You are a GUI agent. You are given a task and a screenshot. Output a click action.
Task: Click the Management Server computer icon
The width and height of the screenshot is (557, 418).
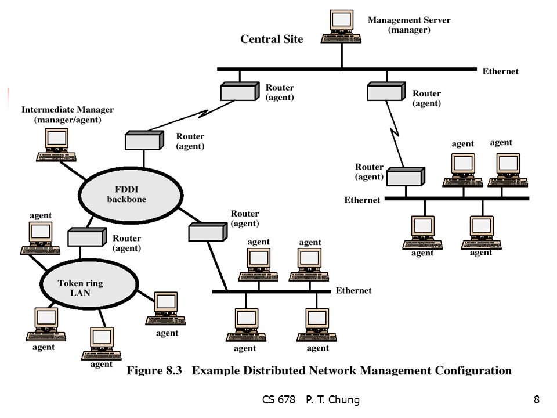[341, 27]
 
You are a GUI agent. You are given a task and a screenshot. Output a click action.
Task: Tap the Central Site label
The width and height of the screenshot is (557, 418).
[272, 39]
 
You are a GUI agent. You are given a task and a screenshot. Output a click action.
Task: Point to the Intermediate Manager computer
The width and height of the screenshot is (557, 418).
[56, 145]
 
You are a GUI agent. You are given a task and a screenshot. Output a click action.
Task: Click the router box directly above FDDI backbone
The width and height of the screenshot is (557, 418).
[144, 140]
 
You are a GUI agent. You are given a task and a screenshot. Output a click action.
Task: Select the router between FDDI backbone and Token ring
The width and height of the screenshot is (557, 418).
[87, 237]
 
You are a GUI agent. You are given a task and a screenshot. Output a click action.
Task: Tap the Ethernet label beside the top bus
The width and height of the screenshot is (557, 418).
[500, 71]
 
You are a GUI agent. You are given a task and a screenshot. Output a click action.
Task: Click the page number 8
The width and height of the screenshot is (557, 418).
[536, 399]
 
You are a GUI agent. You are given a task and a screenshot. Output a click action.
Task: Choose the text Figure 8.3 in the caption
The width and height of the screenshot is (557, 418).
[154, 371]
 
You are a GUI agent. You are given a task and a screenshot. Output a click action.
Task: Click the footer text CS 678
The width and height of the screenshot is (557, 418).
[278, 399]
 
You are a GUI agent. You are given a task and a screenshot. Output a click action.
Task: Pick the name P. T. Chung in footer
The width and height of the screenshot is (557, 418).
[332, 400]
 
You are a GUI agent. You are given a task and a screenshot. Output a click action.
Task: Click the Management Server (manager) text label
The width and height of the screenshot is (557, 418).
[409, 25]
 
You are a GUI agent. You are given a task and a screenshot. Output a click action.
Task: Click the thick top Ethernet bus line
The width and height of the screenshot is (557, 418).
[347, 69]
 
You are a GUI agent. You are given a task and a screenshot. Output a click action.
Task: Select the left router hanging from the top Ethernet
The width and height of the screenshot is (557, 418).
[240, 91]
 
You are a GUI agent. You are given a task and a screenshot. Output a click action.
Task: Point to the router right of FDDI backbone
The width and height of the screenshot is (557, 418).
[208, 232]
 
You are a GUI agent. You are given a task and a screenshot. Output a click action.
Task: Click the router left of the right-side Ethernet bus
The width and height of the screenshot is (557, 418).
[406, 176]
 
